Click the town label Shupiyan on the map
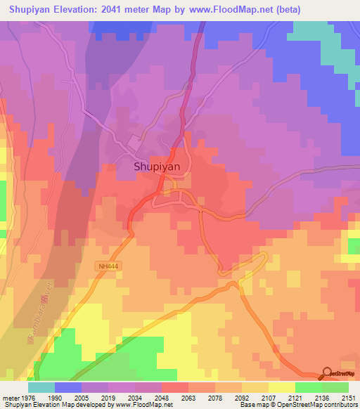tap(157, 167)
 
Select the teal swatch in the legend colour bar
tap(41, 387)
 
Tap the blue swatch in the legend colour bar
tap(68, 387)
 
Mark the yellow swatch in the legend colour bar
tap(282, 387)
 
